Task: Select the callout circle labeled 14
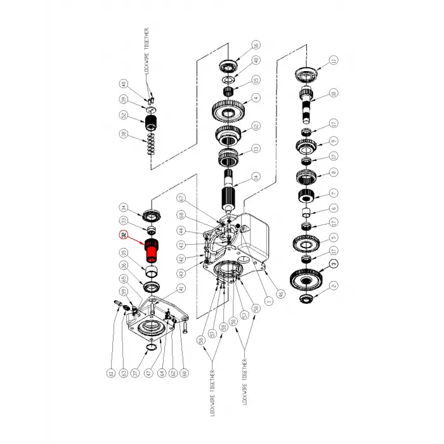(256, 178)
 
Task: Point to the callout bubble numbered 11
(334, 60)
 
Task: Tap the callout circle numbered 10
(334, 93)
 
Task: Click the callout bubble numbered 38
(124, 134)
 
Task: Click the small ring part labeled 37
(152, 348)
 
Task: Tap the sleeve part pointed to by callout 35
(152, 271)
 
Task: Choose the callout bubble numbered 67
(181, 199)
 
